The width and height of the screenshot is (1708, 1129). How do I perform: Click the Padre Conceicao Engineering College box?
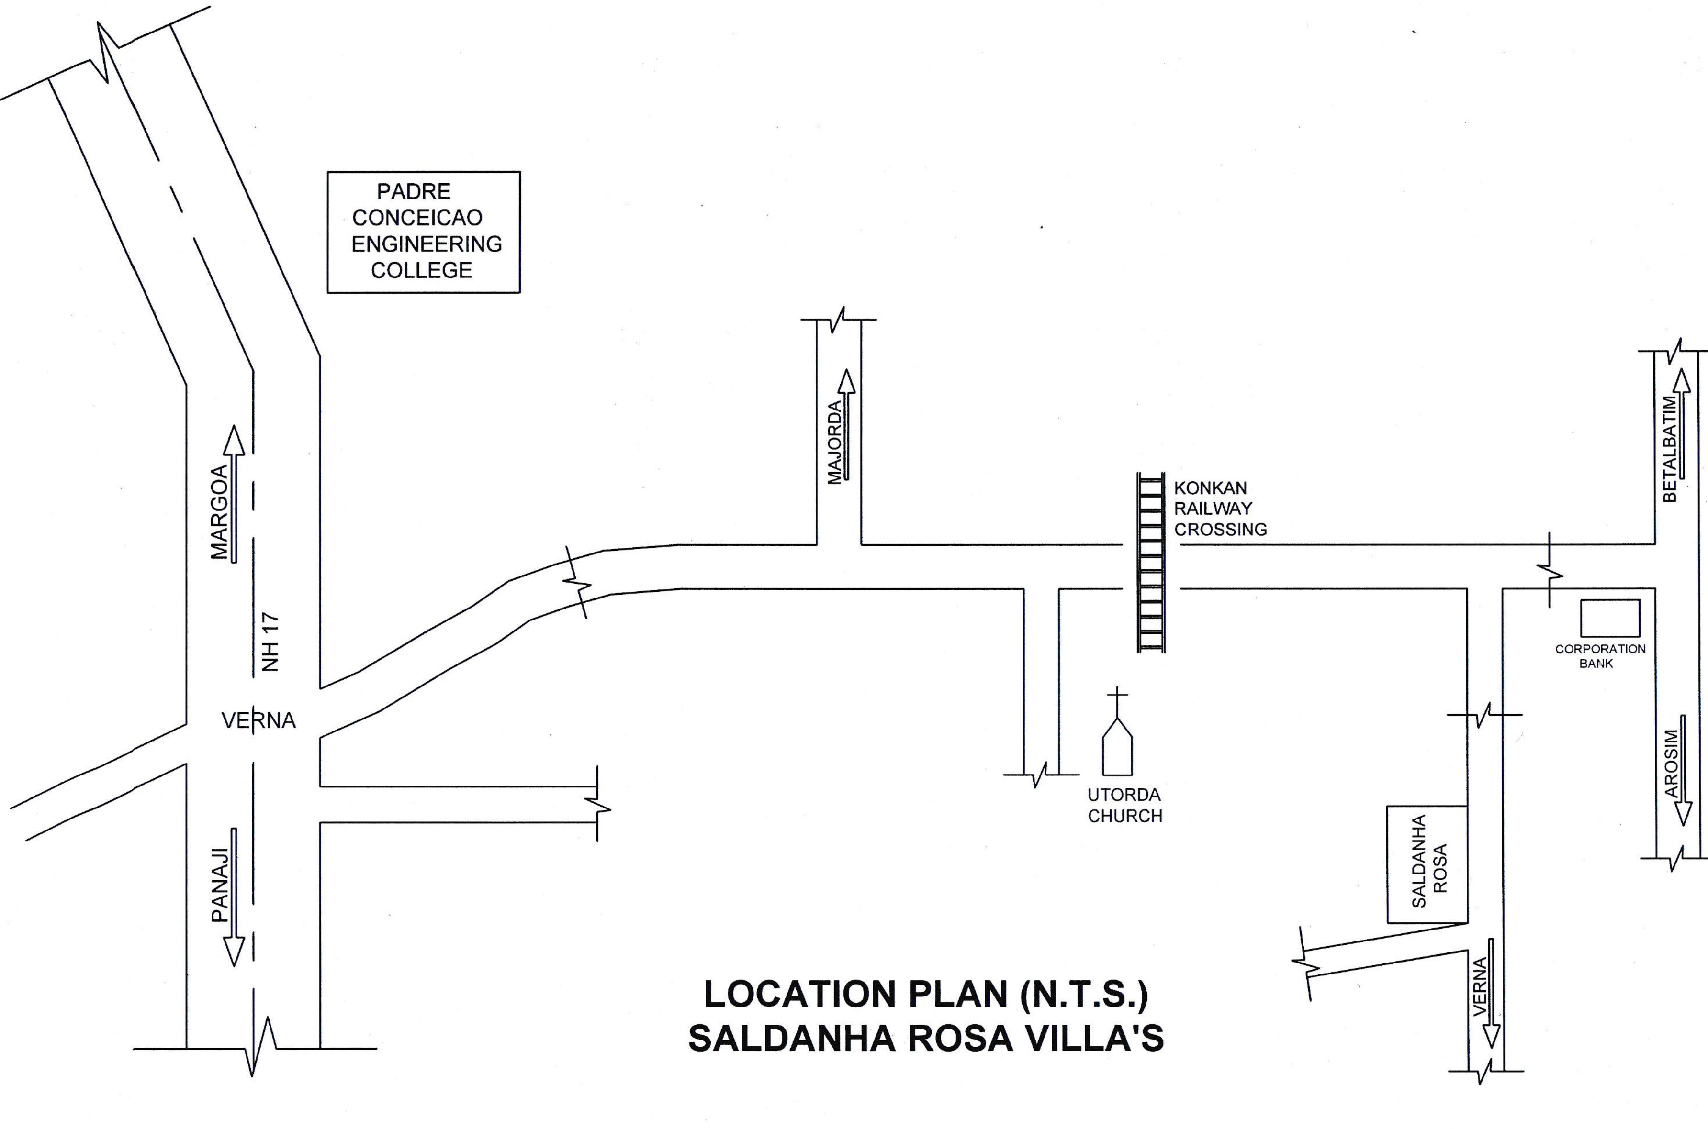coord(424,232)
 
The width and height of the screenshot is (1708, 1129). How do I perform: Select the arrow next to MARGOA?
coord(234,493)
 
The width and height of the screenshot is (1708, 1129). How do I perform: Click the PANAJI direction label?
coord(219,885)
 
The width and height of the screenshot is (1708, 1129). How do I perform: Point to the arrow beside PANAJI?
coord(234,897)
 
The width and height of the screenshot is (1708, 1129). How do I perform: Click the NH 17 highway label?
coord(270,642)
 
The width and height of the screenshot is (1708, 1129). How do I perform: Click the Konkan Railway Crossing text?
coord(1220,509)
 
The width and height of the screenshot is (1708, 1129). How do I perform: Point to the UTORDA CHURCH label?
coord(1124,805)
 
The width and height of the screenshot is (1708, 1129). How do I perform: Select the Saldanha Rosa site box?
coord(1427,864)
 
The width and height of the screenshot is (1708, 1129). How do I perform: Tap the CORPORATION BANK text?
coord(1600,656)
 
